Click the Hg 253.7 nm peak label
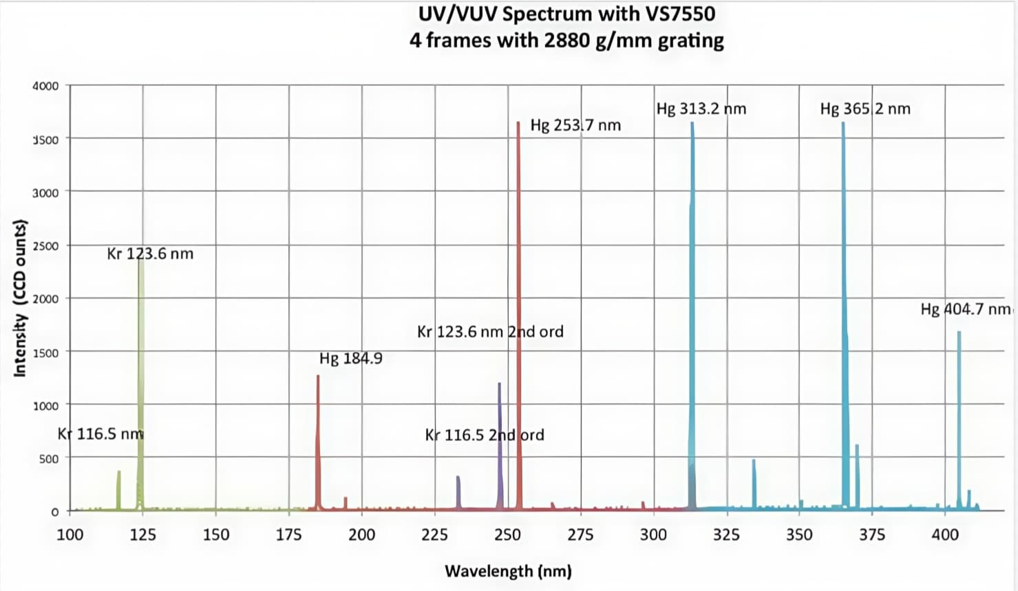(575, 125)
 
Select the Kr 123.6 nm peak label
(150, 254)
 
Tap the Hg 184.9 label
(350, 358)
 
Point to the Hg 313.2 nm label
(701, 109)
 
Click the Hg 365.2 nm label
(865, 109)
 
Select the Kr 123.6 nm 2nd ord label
(490, 332)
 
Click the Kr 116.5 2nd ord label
(484, 435)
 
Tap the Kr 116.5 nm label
(100, 433)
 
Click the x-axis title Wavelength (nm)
(508, 571)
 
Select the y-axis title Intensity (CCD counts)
(20, 299)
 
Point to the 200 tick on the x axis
(361, 535)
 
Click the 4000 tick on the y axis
(45, 86)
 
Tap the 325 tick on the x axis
(726, 535)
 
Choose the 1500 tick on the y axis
(45, 352)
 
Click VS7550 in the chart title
(677, 14)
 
